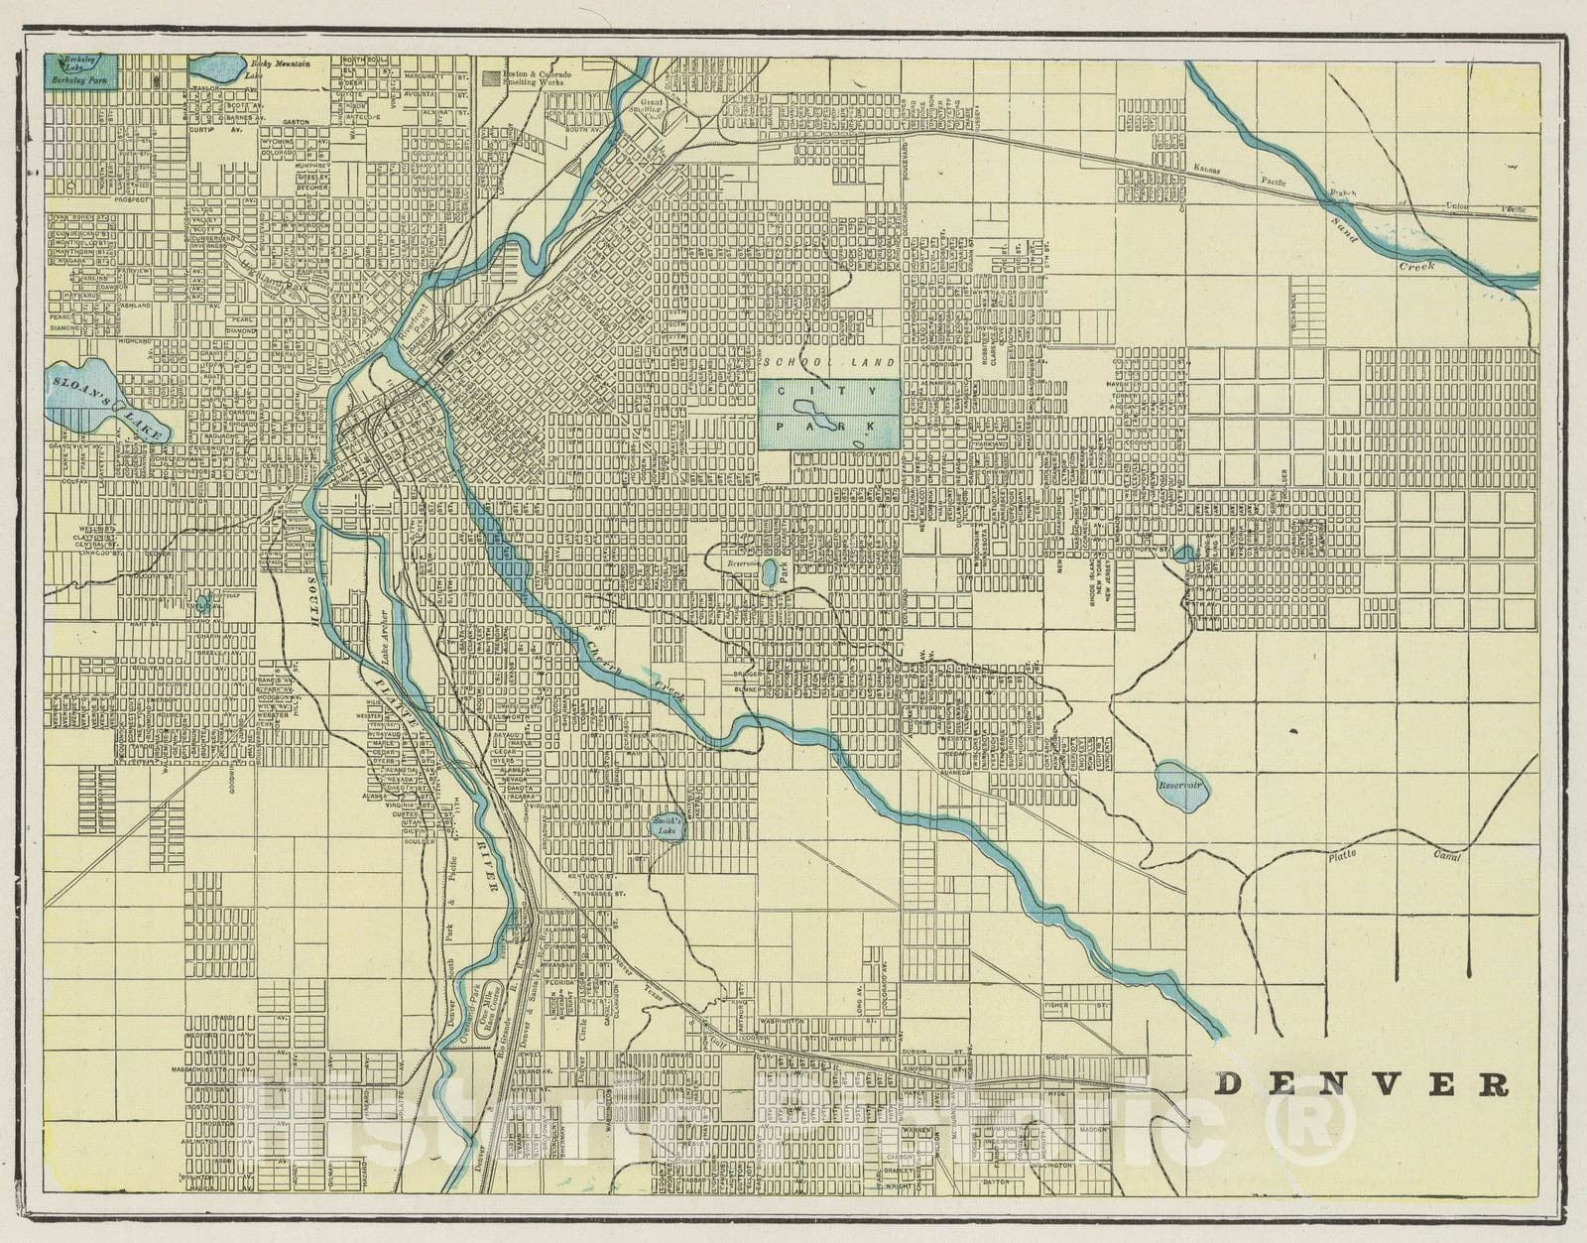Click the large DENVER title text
click(1361, 1084)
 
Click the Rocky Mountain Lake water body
click(217, 69)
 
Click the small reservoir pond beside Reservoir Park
click(770, 573)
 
